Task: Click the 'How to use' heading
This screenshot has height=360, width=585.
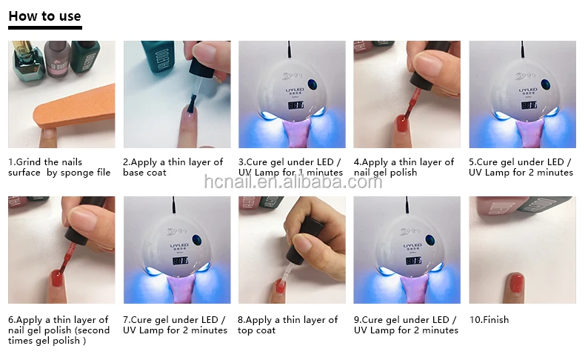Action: [44, 16]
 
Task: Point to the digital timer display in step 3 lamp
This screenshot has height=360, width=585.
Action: [295, 105]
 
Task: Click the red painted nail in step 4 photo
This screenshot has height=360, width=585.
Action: [401, 123]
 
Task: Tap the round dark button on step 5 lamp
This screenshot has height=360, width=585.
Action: [545, 84]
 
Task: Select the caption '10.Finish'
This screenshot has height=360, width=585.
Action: [489, 320]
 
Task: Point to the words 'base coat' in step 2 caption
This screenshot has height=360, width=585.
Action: [144, 173]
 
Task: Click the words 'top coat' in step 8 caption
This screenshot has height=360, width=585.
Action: [257, 330]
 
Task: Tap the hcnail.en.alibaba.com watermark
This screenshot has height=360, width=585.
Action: [293, 181]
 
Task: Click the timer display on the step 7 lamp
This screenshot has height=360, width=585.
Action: [180, 261]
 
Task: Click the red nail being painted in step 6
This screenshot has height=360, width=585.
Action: [56, 279]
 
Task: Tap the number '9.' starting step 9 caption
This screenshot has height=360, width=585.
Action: [358, 320]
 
